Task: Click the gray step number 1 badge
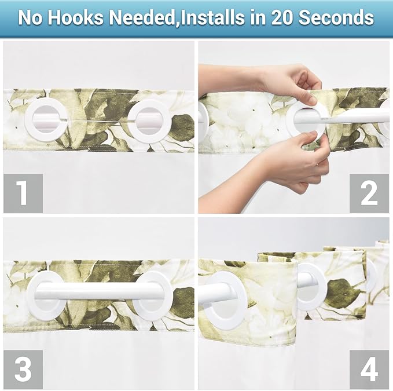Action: pyautogui.click(x=23, y=193)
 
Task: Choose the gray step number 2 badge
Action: pyautogui.click(x=369, y=193)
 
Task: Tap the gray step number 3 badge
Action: pyautogui.click(x=23, y=369)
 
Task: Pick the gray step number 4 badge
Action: pyautogui.click(x=369, y=369)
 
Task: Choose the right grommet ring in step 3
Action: pyautogui.click(x=152, y=296)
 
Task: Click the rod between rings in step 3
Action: pyautogui.click(x=98, y=291)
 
